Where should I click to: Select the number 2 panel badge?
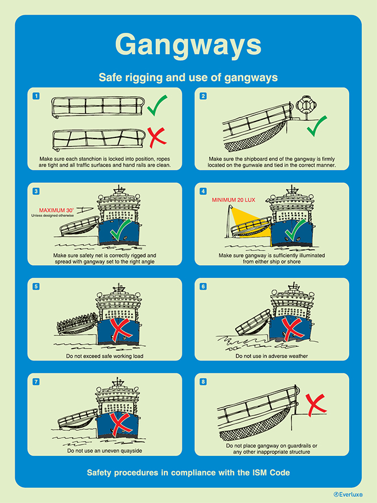coord(203,96)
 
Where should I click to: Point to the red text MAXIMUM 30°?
coord(56,210)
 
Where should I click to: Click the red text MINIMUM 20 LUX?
coord(234,200)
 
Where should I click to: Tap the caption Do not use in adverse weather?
coord(272,356)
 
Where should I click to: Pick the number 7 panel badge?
coord(36,382)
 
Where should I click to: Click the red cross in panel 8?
coord(316,404)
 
